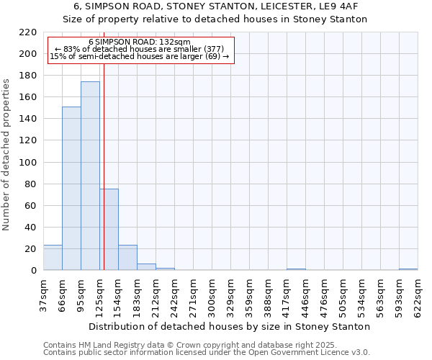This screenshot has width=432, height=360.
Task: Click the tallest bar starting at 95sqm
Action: point(90,176)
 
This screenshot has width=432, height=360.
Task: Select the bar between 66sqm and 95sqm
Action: point(71,189)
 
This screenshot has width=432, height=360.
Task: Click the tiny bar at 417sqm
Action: point(296,269)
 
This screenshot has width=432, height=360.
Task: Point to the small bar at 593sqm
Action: point(408,269)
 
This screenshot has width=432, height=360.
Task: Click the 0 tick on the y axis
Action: point(34,271)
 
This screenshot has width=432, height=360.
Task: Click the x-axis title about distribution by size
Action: point(230,326)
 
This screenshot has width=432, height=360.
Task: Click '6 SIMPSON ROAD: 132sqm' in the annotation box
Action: point(140,42)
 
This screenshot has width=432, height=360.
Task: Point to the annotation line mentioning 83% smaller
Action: point(140,49)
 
